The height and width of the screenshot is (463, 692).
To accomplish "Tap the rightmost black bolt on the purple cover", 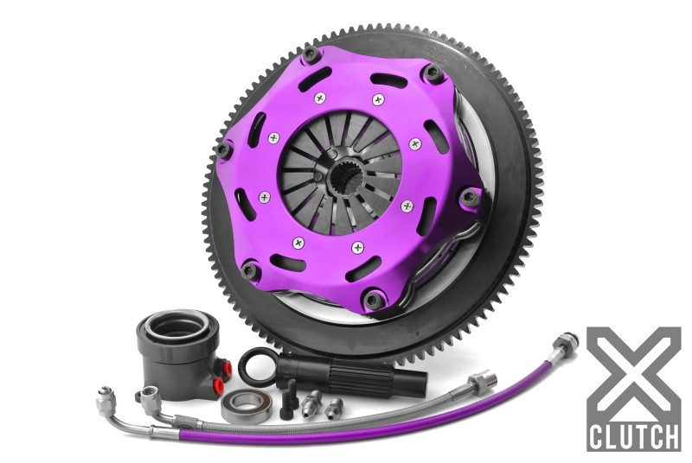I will [472, 197].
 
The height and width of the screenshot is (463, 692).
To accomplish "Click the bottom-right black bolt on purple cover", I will [373, 300].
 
